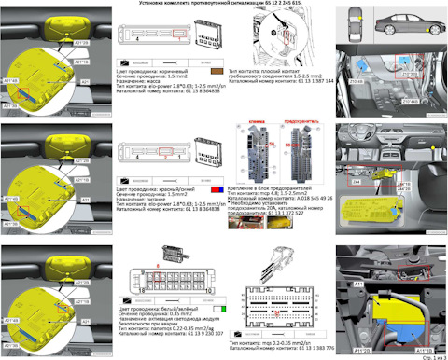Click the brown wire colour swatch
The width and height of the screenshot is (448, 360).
coord(217,70)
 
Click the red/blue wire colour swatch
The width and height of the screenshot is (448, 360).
coord(217,183)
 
